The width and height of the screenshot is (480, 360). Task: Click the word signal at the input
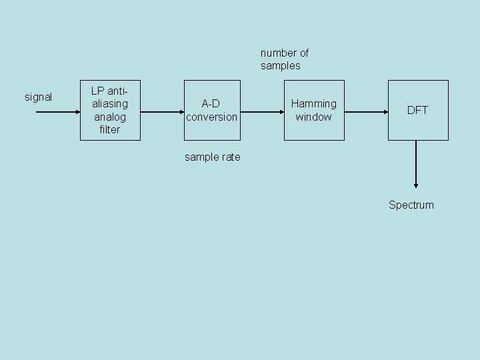click(38, 97)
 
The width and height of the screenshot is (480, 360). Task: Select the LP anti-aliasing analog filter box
click(110, 111)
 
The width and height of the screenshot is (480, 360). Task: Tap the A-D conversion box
click(212, 111)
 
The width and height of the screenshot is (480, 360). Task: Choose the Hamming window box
click(314, 111)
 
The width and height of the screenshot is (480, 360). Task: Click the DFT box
click(417, 111)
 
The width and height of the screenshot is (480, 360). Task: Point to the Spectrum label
click(411, 205)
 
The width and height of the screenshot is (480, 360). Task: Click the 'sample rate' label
click(212, 157)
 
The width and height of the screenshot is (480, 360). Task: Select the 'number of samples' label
click(285, 59)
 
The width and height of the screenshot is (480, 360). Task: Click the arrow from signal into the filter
click(57, 112)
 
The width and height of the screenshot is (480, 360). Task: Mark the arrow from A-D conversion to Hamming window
click(263, 112)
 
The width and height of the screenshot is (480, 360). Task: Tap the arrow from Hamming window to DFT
click(366, 112)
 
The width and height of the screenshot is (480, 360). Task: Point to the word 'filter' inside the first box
click(110, 130)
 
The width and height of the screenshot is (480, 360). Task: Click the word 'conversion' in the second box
click(212, 117)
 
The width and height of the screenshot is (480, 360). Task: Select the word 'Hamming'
click(314, 104)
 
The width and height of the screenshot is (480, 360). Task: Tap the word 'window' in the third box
click(314, 117)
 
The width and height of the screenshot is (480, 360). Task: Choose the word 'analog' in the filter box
click(110, 117)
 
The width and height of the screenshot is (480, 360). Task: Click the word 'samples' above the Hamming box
click(281, 65)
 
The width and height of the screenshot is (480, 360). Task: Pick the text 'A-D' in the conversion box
click(211, 104)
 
